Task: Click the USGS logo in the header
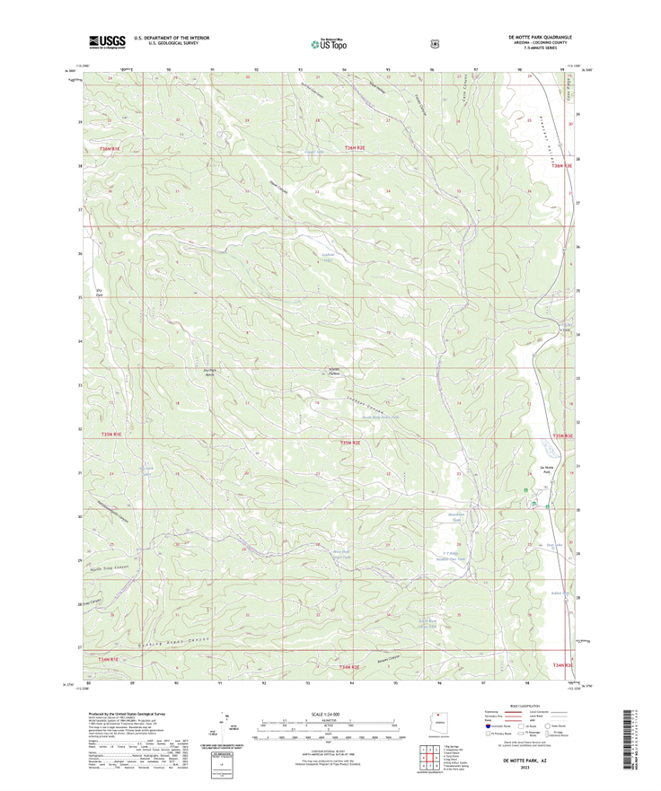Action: point(107,41)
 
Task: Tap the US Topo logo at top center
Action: point(329,41)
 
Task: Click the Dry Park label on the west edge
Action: point(99,292)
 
